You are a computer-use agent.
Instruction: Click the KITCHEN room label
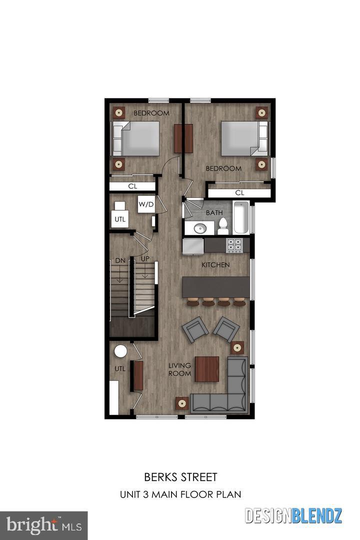click(x=216, y=264)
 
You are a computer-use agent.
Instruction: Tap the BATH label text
click(x=214, y=212)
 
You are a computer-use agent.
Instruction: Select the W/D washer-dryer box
click(x=146, y=204)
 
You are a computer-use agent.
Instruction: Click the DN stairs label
click(x=120, y=260)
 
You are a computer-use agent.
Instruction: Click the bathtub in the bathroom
click(x=240, y=217)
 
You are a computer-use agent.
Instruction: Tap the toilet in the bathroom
click(x=223, y=226)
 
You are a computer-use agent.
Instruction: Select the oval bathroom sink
click(x=200, y=228)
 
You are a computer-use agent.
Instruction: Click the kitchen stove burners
click(x=235, y=244)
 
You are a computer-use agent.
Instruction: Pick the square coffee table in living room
click(x=207, y=368)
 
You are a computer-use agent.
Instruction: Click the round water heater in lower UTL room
click(x=121, y=351)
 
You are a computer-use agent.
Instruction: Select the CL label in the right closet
click(x=239, y=192)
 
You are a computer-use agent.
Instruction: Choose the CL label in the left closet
click(x=132, y=186)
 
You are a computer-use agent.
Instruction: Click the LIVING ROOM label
click(x=179, y=369)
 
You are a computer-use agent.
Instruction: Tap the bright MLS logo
click(x=43, y=525)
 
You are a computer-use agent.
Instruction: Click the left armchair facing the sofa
click(x=195, y=330)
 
